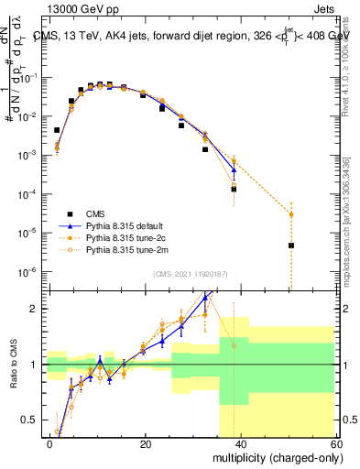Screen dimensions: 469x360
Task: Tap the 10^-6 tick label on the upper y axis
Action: (x=30, y=271)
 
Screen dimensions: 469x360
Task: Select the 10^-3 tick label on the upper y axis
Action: (x=30, y=156)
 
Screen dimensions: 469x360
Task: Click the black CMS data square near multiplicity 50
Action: (x=290, y=245)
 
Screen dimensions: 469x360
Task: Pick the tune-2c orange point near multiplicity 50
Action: (x=290, y=214)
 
